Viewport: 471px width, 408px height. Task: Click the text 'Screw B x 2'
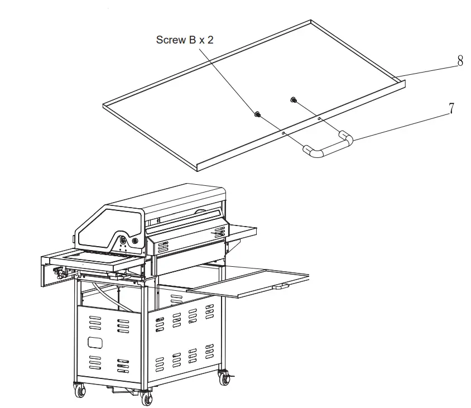[184, 40]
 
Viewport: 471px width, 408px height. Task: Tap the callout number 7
[451, 109]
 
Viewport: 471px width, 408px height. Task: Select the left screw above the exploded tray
[257, 114]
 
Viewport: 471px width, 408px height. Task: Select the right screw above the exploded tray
[293, 100]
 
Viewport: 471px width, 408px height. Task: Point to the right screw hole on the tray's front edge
[319, 118]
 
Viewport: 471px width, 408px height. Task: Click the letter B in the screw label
[193, 40]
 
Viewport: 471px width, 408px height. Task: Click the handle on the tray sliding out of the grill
[281, 286]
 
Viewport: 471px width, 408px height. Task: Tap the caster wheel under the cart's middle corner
[147, 397]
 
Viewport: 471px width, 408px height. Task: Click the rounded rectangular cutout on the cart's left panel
[95, 342]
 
